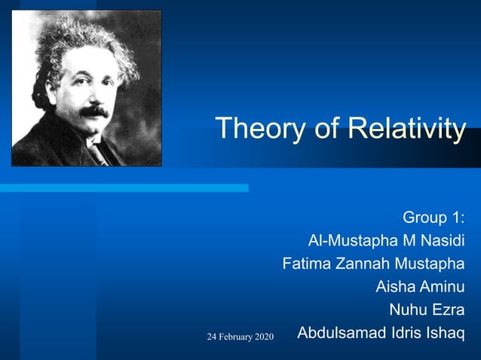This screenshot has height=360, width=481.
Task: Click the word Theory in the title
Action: (261, 128)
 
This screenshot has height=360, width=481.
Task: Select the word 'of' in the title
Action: (326, 128)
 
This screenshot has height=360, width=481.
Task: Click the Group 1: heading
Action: (433, 218)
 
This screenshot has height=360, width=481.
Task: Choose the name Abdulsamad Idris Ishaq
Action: (381, 332)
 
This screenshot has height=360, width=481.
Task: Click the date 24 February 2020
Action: (240, 335)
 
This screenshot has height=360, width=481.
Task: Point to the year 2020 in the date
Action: (264, 335)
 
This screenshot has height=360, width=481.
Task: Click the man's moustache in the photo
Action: (94, 111)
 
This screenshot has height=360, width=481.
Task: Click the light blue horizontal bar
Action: (124, 188)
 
